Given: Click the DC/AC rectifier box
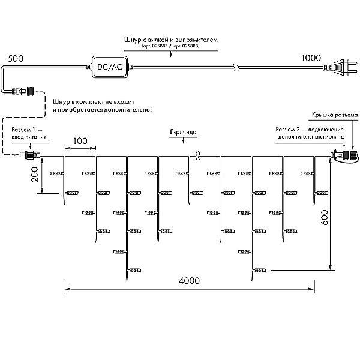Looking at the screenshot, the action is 110,67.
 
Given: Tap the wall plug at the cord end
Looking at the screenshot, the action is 341,67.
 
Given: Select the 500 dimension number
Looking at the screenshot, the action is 16,59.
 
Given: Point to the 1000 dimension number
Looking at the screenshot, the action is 311,58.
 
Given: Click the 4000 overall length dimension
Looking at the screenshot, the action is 189,281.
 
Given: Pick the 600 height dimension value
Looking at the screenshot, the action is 324,217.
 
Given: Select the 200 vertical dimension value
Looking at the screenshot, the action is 35,175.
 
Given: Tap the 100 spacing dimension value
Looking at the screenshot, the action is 80,141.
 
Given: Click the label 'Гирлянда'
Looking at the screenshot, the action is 183,132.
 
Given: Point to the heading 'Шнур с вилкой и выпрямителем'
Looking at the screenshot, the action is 171,40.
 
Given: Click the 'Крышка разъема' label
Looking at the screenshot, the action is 335,115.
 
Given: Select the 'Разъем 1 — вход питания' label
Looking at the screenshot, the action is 29,133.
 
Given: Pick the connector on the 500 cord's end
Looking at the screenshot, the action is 23,91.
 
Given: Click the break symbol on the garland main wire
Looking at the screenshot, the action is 197,155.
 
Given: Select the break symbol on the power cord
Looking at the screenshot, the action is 236,67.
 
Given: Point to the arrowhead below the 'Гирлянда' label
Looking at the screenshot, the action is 183,142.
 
